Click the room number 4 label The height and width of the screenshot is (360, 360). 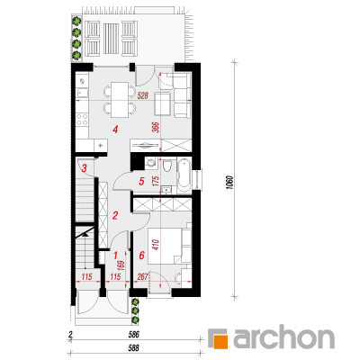(115, 130)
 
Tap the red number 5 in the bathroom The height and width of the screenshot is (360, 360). (141, 181)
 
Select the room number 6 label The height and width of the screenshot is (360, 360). (141, 256)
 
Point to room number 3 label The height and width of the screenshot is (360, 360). (85, 168)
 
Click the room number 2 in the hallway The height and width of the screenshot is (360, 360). (115, 215)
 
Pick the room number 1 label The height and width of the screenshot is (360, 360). (115, 256)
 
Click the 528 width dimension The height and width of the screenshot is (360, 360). (143, 96)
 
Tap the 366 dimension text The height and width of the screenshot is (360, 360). (156, 128)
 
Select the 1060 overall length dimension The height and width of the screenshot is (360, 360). (230, 183)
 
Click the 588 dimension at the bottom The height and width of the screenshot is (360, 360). (133, 348)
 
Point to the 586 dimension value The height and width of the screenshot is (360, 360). (133, 335)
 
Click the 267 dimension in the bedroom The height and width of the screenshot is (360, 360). (143, 276)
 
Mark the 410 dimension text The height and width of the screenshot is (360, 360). (156, 246)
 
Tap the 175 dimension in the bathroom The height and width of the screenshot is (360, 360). (156, 182)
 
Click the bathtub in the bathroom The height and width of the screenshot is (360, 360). (184, 176)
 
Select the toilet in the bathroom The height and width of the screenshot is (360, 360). (166, 166)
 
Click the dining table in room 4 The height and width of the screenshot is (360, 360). (119, 99)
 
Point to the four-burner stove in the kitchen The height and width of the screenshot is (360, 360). (82, 119)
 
